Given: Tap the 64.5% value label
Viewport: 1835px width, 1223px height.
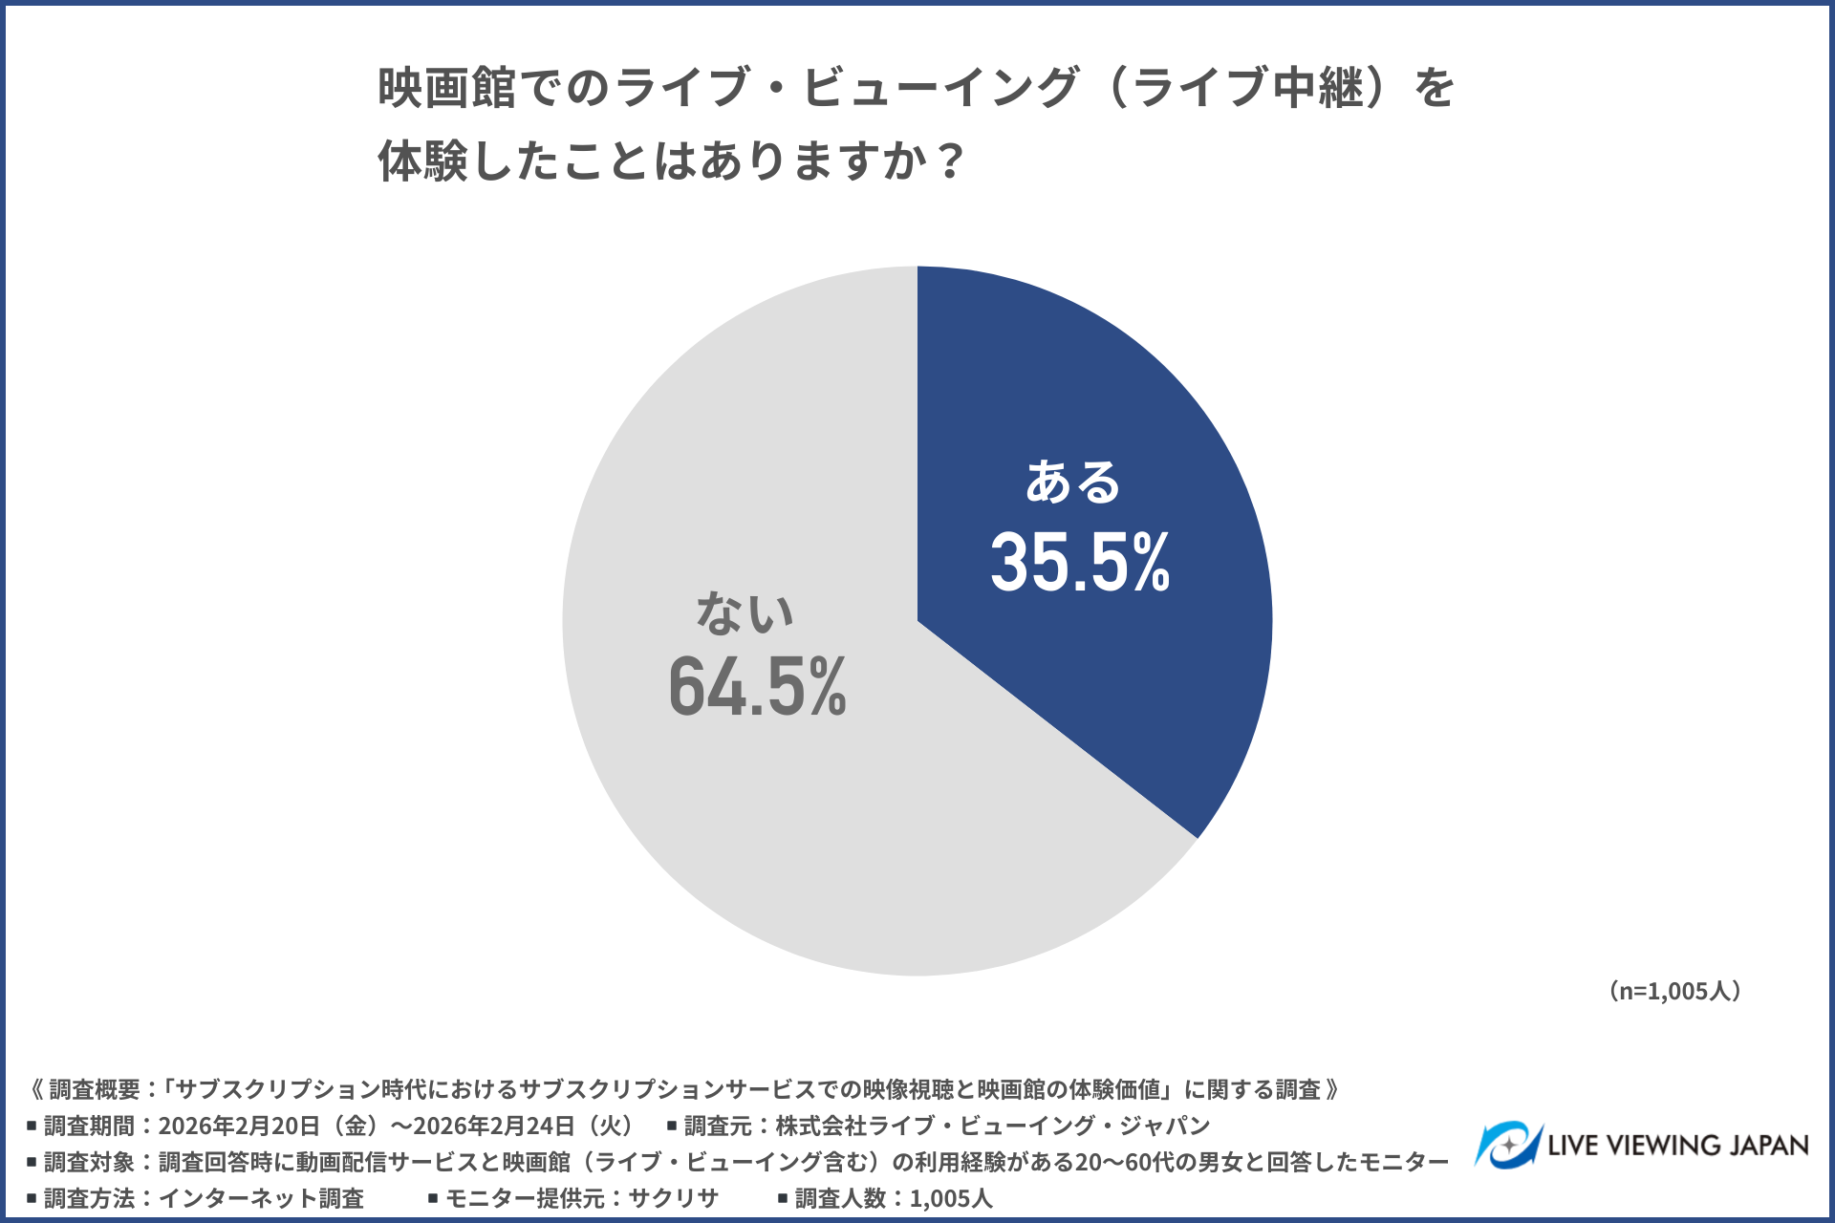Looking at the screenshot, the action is coord(757,685).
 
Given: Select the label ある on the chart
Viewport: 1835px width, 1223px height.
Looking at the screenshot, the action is coord(1072,482).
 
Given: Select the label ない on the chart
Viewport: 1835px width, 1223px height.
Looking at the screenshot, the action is coord(745,612).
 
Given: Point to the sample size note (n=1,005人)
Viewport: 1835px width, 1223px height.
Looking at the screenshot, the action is coord(1673,991).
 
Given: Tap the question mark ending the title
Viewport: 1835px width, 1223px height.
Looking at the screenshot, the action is coord(950,161).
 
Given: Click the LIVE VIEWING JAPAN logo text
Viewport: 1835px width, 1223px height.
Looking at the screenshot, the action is coord(1678,1145).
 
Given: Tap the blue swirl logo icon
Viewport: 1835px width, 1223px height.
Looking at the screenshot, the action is coord(1507,1145).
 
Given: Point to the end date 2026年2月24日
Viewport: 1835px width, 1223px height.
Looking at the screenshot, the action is coord(494,1126).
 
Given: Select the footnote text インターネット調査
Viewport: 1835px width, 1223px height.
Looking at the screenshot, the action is coord(261,1198).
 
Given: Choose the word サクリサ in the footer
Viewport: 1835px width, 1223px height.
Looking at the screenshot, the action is coord(673,1198).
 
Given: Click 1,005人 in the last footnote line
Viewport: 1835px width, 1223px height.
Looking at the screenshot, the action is coord(951,1198).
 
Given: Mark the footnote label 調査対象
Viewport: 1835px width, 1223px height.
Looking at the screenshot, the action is coord(89,1162).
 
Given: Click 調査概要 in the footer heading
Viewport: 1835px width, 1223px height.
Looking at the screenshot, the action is coord(95,1089).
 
